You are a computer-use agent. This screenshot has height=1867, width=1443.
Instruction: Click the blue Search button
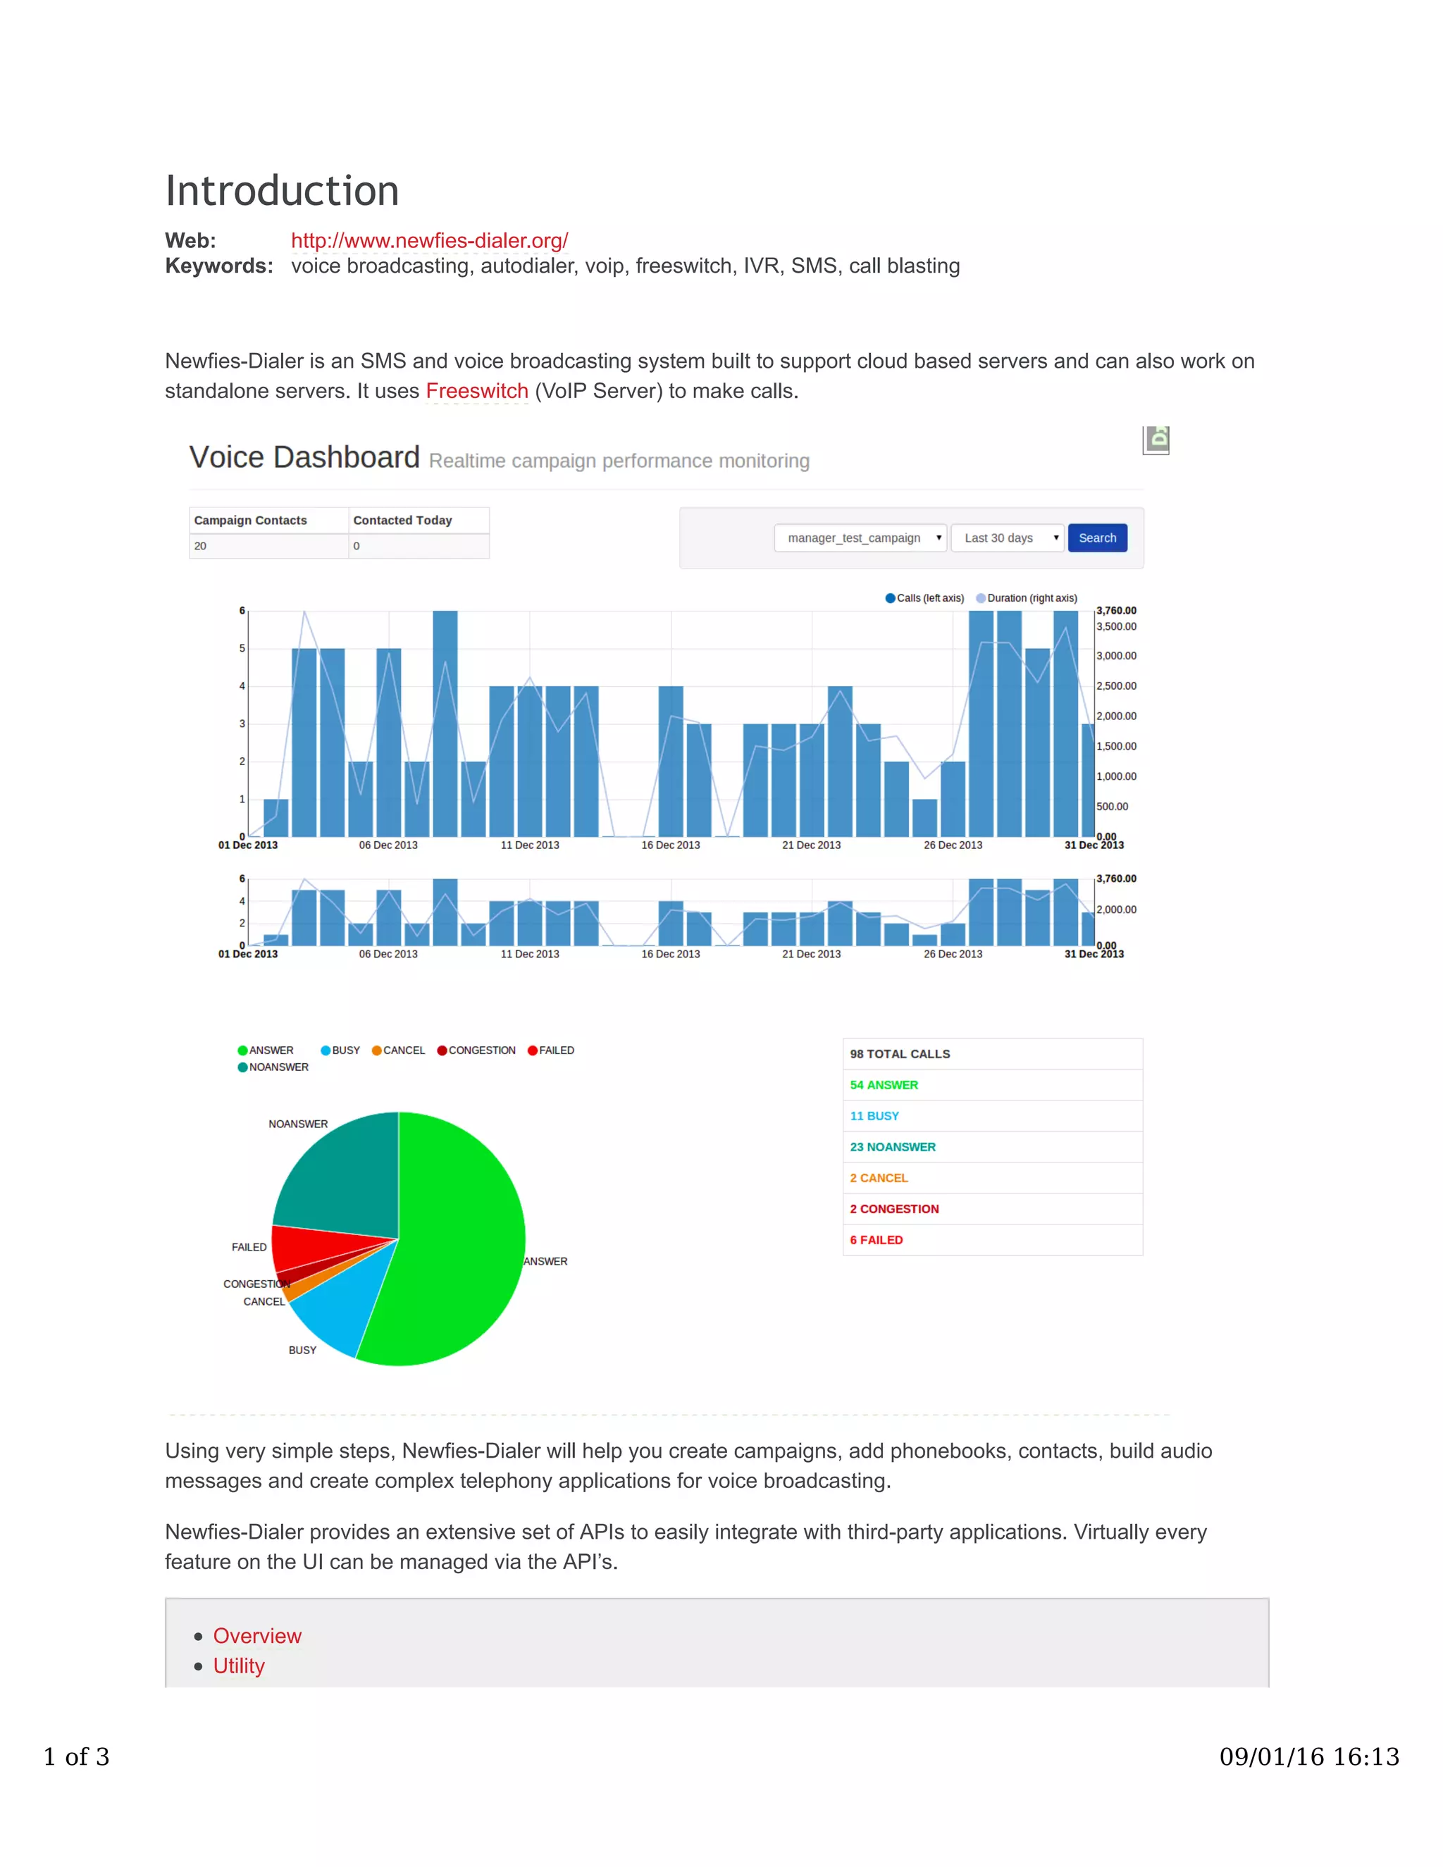point(1097,538)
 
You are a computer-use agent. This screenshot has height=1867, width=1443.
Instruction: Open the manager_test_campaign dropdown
point(860,538)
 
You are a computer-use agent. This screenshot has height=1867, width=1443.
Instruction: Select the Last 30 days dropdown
point(1007,538)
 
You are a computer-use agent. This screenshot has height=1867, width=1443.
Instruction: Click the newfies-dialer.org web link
point(429,241)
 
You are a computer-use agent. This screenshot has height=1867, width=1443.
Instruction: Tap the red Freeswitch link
point(477,392)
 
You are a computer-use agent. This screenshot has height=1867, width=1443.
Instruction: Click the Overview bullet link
point(257,1635)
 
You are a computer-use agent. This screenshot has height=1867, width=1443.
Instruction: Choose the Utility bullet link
point(240,1666)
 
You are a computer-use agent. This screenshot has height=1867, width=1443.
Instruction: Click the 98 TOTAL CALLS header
point(900,1054)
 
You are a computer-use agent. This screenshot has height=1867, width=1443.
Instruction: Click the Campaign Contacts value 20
point(200,546)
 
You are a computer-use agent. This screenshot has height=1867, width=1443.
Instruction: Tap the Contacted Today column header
point(402,521)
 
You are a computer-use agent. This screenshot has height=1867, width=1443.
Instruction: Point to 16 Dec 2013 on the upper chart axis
point(670,845)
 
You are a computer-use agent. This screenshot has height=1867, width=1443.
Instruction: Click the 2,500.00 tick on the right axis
point(1117,686)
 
